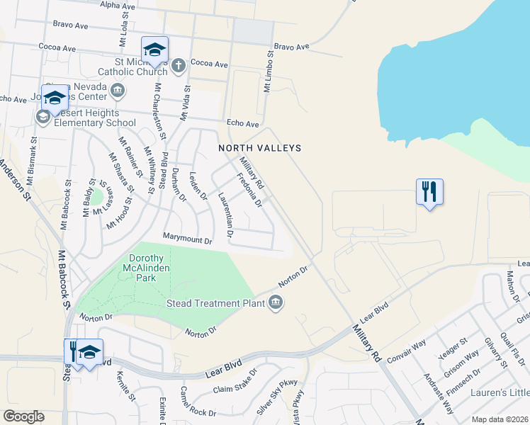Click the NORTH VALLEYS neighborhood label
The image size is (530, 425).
coord(260,148)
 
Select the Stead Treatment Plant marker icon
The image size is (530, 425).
coord(276,303)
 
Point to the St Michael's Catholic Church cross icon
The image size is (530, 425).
coord(178,66)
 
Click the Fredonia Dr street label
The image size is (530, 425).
coord(249,190)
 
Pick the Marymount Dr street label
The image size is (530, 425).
coord(187,241)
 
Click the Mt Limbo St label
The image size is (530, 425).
coord(269,72)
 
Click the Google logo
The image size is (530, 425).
coord(23,416)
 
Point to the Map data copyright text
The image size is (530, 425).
coord(500,419)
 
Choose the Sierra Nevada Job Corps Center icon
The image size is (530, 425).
coord(118,90)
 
